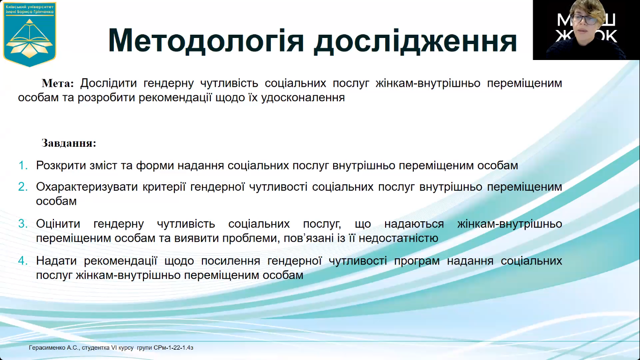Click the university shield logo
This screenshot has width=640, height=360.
coord(30,34)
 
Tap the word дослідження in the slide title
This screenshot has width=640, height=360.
coord(416,41)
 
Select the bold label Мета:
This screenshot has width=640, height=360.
coord(58,83)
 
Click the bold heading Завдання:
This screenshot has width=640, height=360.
coord(69,143)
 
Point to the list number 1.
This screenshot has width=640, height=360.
coord(23,165)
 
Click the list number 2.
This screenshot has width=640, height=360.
coord(23,187)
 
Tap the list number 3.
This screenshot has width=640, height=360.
coord(23,224)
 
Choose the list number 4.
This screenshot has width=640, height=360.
coord(23,261)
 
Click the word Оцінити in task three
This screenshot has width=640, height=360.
coord(58,224)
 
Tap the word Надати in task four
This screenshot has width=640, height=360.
coord(56,261)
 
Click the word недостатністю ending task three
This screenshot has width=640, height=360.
coord(399,238)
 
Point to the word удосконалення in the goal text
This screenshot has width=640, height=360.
coord(303,98)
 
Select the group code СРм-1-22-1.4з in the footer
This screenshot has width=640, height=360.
coord(173,348)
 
